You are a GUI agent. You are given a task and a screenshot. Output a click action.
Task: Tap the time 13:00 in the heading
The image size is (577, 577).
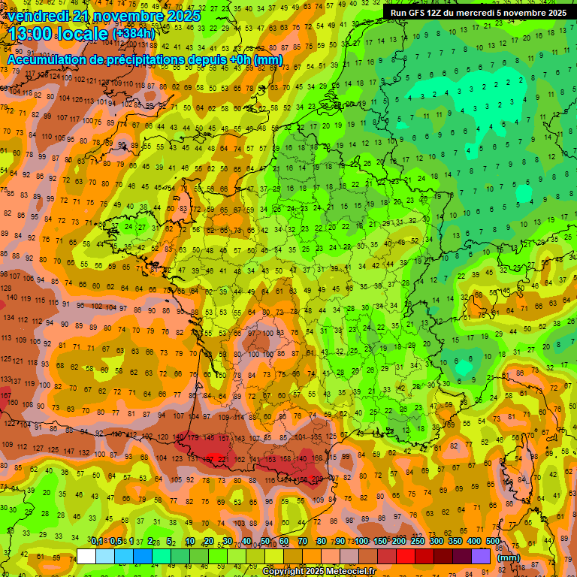coord(38,33)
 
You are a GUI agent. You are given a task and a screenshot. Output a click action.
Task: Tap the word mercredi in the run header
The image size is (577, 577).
coord(489,13)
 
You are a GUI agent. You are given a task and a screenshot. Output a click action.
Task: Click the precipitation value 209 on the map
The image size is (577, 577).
coord(316,479)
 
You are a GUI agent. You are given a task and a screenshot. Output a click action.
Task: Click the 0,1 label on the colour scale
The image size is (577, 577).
coord(97,541)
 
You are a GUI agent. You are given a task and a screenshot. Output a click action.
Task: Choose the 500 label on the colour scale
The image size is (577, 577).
coord(492,541)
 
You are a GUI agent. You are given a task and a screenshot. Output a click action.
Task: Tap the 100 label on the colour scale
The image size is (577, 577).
coord(361,541)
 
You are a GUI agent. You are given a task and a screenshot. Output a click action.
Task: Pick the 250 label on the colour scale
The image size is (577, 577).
coord(417,541)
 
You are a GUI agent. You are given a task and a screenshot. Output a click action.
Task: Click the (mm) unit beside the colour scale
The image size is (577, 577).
coord(509,557)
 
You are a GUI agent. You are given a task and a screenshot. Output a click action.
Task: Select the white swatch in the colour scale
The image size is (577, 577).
coord(86,557)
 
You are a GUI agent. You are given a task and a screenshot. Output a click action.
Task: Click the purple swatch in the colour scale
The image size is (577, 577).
coord(481,557)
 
